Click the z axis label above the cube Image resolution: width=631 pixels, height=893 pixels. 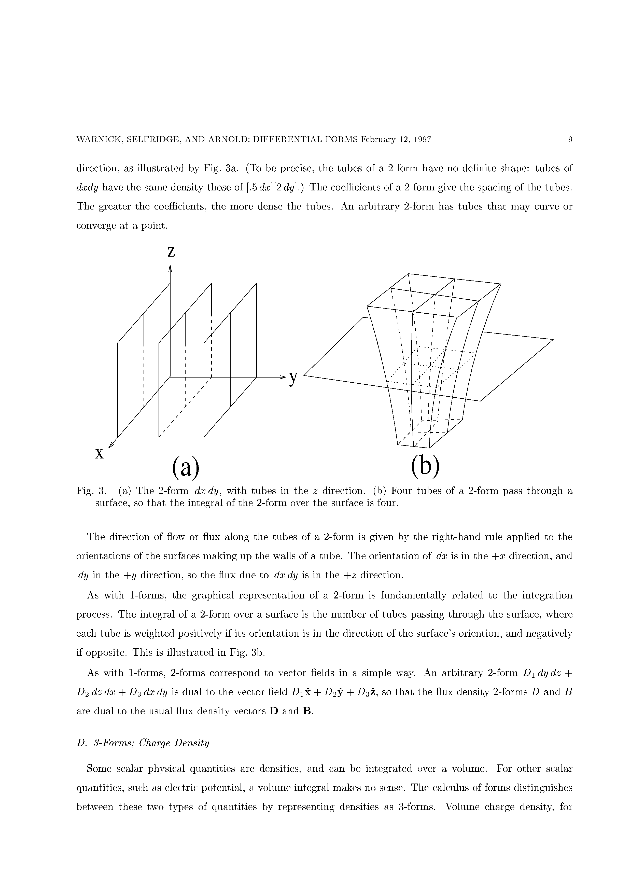pos(171,253)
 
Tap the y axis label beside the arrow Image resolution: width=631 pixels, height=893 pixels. pos(293,378)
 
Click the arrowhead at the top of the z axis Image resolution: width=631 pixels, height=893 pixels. pos(170,268)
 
